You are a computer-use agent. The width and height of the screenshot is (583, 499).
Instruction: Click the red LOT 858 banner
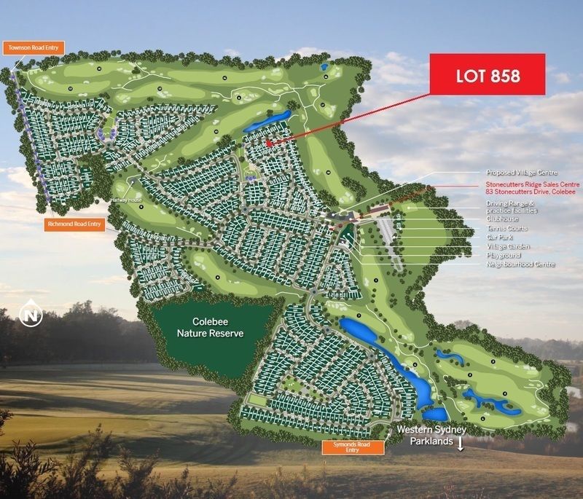point(488,74)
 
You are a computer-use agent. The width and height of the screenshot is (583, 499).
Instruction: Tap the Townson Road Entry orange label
point(34,48)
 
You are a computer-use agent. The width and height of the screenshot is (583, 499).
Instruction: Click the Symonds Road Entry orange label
point(353,447)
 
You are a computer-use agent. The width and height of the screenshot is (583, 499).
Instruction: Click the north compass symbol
point(31,315)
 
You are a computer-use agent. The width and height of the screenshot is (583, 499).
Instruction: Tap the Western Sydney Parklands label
point(431,436)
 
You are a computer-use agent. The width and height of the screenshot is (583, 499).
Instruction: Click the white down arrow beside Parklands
point(461,443)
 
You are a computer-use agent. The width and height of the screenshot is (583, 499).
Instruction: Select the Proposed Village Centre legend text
point(522,173)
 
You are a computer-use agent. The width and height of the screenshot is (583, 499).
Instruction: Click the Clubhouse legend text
point(502,219)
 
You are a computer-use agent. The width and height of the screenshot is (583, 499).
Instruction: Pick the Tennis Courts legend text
point(507,229)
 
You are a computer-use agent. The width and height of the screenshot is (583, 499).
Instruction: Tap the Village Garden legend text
point(509,247)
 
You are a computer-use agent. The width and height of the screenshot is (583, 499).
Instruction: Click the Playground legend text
point(504,256)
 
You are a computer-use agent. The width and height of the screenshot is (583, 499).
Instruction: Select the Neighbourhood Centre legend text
point(521,264)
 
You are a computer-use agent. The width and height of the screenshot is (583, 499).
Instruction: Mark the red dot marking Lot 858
point(269,144)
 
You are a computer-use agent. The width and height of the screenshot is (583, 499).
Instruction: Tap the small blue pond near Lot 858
point(266,121)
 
